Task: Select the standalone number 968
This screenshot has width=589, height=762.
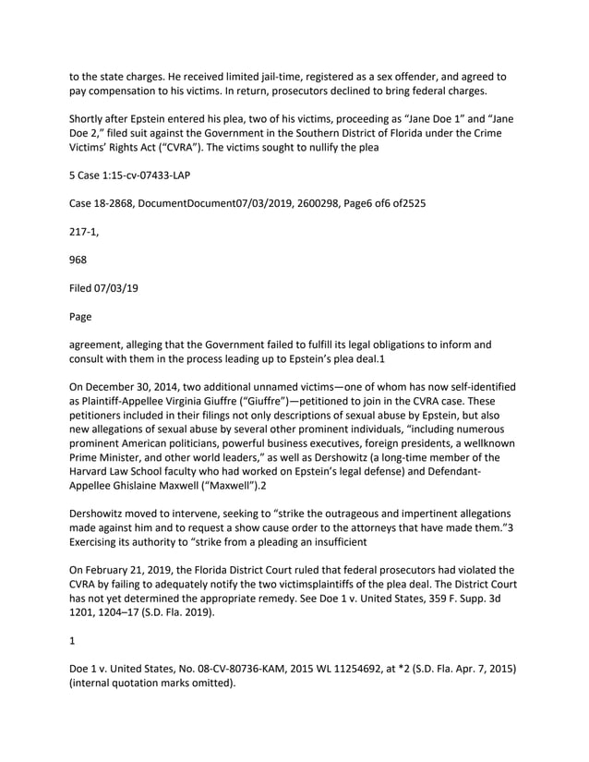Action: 78,260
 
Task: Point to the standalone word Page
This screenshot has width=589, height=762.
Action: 80,317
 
